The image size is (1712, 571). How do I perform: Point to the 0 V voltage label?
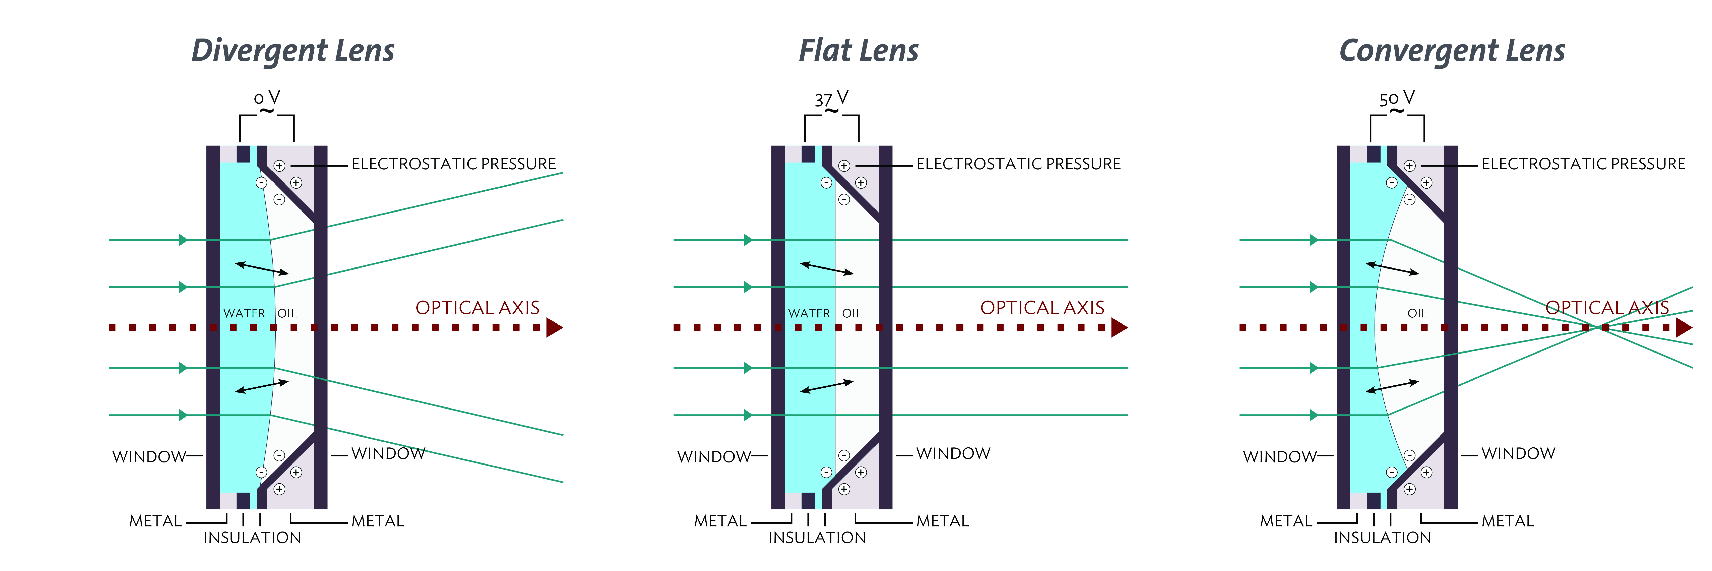coord(266,98)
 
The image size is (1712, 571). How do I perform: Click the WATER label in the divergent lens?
coord(244,313)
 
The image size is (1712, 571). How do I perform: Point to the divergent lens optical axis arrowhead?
coord(554,327)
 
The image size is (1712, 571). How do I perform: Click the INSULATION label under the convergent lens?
coord(1382,538)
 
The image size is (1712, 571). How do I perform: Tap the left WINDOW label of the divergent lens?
coord(149,457)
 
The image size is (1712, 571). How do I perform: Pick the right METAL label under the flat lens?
coord(942,521)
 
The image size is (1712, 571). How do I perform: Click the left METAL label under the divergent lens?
coord(155,521)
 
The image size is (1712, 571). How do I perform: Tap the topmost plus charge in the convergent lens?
coord(1410,166)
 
